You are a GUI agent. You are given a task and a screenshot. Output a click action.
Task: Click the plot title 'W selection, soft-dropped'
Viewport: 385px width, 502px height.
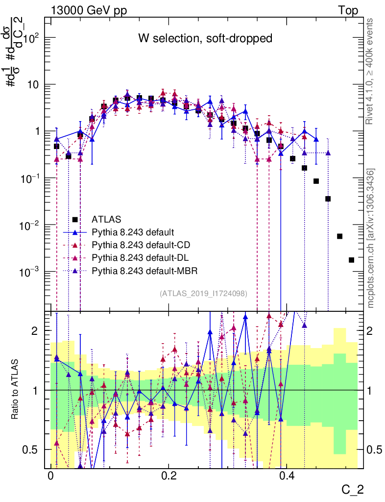(205, 38)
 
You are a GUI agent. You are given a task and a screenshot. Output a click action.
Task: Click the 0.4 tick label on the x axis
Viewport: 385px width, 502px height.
(287, 476)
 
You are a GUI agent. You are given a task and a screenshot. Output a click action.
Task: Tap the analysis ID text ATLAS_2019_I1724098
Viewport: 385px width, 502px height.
(203, 294)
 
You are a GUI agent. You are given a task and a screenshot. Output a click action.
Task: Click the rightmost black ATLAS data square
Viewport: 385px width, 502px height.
(351, 260)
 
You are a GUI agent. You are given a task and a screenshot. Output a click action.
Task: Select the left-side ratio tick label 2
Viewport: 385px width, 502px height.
(35, 331)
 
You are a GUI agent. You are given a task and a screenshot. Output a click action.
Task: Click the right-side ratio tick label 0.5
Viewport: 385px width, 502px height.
(375, 450)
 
